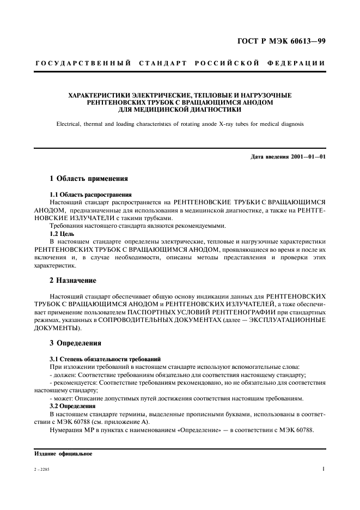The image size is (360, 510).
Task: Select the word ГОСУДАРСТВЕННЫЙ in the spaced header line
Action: [x=83, y=64]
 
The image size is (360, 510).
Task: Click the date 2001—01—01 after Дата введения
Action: [x=306, y=157]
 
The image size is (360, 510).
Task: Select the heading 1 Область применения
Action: [x=89, y=178]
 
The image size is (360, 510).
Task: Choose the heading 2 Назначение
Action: [x=72, y=280]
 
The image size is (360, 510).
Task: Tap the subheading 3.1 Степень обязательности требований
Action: [x=105, y=360]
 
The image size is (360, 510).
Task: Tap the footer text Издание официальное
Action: [x=63, y=453]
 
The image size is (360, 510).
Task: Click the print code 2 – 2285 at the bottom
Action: [x=41, y=469]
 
